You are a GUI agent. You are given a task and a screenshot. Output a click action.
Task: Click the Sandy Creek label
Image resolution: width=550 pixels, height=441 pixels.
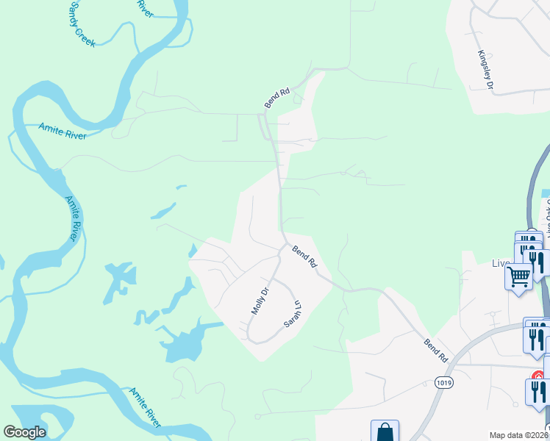pos(82,25)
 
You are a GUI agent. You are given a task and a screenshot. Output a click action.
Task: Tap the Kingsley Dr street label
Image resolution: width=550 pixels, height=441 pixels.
pos(485,70)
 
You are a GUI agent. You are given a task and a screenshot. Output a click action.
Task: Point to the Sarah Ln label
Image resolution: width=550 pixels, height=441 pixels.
pos(293,314)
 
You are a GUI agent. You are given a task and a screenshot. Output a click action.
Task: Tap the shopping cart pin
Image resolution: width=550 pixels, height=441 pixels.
pos(519,278)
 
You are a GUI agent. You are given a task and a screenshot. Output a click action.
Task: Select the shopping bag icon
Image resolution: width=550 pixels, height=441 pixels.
pos(385,432)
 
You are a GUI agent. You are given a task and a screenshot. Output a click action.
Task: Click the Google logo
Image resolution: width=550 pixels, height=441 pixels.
pos(24,432)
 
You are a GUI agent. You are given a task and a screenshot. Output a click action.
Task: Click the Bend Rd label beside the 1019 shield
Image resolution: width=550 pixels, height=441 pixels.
pos(436,351)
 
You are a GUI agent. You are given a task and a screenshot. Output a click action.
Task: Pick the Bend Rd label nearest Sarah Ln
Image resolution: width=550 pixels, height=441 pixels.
pos(304,257)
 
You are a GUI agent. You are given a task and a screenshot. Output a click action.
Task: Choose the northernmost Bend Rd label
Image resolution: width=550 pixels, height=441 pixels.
pos(277,98)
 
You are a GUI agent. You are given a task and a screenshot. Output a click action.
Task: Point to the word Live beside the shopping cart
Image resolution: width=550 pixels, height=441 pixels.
pos(501,263)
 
